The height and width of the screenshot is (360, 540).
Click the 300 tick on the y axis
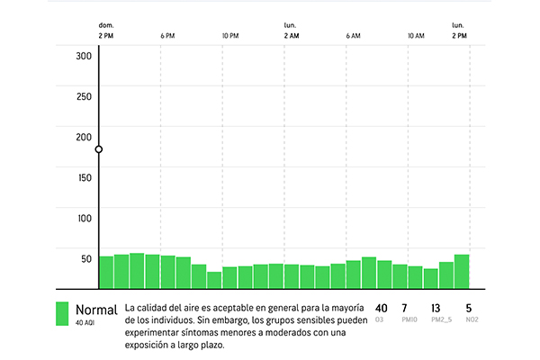(x=85, y=55)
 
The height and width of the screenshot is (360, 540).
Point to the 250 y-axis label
(x=85, y=95)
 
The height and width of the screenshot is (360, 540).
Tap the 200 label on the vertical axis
(x=85, y=137)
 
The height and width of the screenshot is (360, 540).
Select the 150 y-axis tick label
(x=85, y=177)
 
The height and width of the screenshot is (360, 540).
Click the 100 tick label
(x=85, y=218)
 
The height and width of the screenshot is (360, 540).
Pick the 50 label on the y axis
(x=86, y=259)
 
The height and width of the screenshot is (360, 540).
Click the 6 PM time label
(x=167, y=36)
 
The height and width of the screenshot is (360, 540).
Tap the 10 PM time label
(x=230, y=36)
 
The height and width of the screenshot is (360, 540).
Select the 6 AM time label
(x=353, y=36)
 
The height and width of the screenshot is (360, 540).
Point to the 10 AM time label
(x=415, y=36)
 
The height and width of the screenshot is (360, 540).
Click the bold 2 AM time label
(x=291, y=36)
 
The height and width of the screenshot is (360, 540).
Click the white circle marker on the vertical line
(x=99, y=149)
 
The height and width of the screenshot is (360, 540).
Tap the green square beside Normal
(x=63, y=313)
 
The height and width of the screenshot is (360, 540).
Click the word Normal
(x=96, y=309)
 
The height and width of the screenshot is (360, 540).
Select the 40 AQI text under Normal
(x=85, y=322)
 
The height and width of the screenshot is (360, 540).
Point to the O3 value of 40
(x=381, y=308)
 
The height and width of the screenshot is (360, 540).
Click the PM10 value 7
(x=404, y=308)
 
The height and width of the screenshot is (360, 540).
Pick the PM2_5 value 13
(x=436, y=308)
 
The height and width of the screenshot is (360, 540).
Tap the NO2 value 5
(x=469, y=308)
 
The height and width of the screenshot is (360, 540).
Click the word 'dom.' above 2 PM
(x=106, y=25)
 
